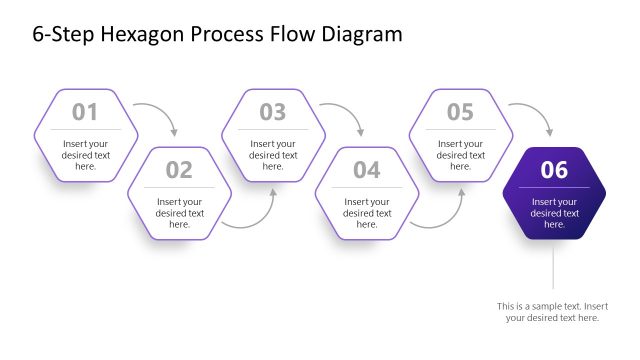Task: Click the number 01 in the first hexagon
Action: pos(85,112)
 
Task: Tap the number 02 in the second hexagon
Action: pos(179,170)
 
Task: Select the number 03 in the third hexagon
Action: pos(273,112)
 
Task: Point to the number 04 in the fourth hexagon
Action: pos(367,170)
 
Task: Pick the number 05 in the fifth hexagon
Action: pos(460,112)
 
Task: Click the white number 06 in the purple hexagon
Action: pos(554,170)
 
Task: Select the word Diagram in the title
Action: pos(358,35)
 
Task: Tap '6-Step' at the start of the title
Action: pos(61,35)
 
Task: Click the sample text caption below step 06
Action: pos(552,311)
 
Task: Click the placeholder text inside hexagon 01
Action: pos(85,155)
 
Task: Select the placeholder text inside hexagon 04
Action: pos(367,213)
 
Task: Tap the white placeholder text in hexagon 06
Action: pos(554,213)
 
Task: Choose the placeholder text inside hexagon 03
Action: pos(273,155)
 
